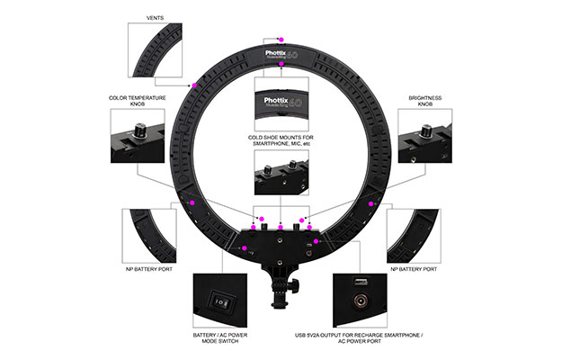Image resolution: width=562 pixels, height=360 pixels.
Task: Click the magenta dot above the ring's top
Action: coord(281,40)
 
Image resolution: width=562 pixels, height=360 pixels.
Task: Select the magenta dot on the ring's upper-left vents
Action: coord(194,85)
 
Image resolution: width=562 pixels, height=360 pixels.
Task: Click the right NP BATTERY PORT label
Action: coord(415,268)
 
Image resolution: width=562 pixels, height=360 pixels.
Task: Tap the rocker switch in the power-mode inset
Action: coord(219,301)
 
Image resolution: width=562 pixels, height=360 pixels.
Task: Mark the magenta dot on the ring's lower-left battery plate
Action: coord(193,204)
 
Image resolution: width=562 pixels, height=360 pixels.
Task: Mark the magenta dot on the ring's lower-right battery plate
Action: coord(370,204)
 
